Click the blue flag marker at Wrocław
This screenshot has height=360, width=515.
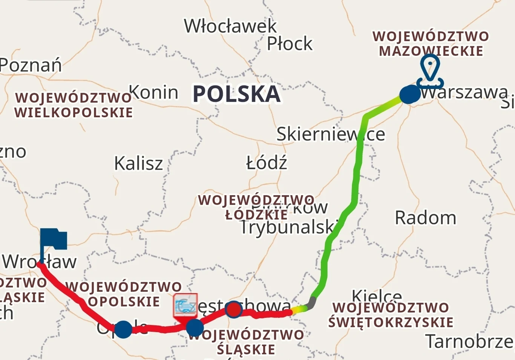(53, 240)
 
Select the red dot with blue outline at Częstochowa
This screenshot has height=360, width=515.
(234, 309)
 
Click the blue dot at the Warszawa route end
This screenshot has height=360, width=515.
(409, 94)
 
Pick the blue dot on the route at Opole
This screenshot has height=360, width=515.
(123, 329)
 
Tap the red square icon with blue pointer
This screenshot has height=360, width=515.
(185, 306)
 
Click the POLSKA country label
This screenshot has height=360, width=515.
(236, 94)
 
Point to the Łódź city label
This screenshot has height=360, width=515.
(267, 163)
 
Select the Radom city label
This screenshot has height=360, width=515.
(425, 218)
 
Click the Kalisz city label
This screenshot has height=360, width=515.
(138, 163)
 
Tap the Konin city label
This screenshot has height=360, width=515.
(153, 92)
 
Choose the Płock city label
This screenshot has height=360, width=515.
(290, 44)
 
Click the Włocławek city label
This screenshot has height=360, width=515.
(230, 26)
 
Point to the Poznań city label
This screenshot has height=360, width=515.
(31, 65)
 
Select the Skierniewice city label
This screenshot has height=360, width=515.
(331, 134)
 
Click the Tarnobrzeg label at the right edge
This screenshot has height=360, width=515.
(469, 342)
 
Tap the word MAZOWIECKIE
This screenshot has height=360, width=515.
(431, 51)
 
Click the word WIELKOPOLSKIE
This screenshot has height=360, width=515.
(74, 113)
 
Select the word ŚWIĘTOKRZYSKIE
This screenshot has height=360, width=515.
(391, 323)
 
